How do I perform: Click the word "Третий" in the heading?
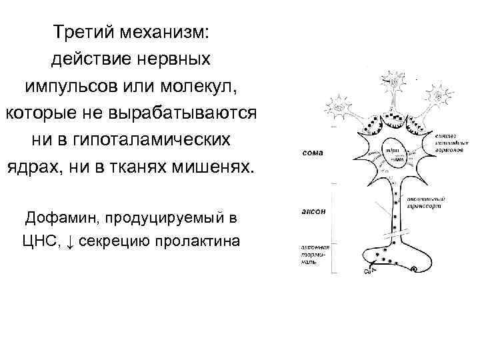click(83, 32)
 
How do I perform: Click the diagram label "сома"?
click(313, 153)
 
